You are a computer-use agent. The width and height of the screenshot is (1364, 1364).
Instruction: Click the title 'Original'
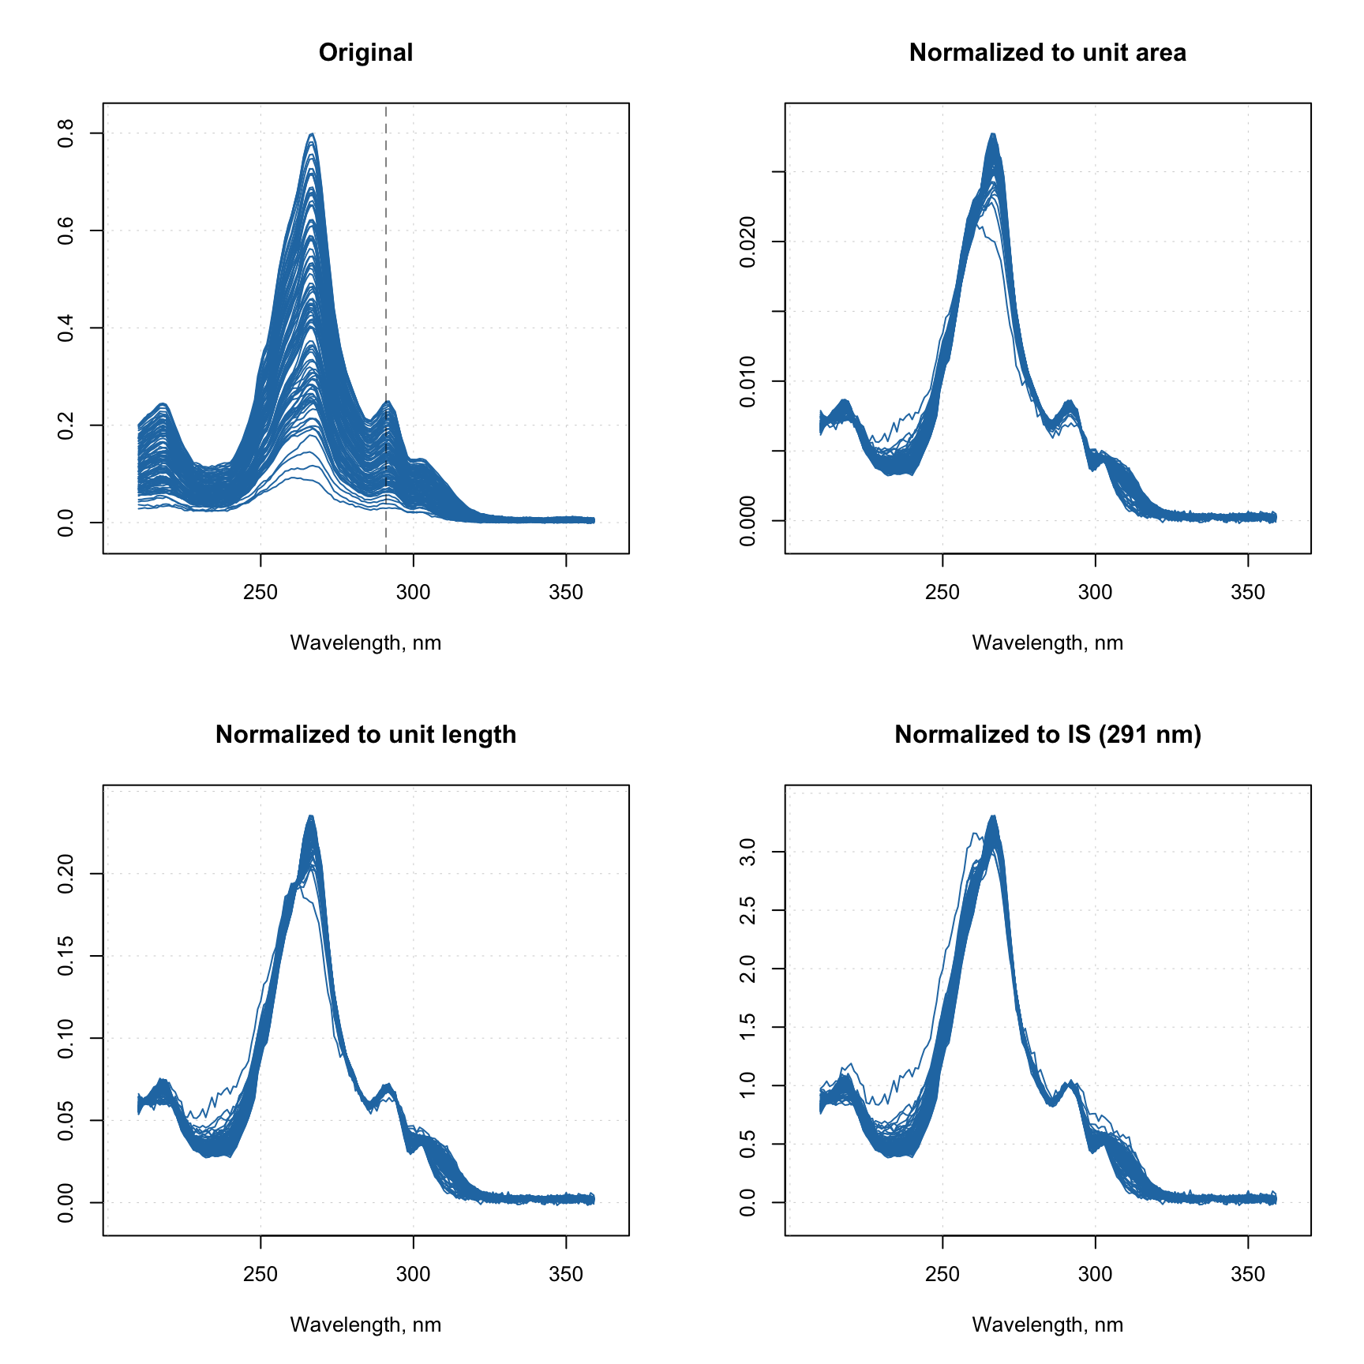click(x=365, y=53)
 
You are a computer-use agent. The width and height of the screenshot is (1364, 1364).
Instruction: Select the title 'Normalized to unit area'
click(x=1047, y=53)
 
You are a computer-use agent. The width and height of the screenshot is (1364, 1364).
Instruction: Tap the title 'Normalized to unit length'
click(x=365, y=735)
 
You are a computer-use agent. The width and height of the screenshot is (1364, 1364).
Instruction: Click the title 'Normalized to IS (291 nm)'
click(x=1047, y=735)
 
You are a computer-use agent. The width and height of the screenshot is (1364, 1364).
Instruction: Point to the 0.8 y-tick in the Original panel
click(x=66, y=133)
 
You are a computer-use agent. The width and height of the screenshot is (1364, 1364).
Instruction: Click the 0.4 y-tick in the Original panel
click(x=66, y=328)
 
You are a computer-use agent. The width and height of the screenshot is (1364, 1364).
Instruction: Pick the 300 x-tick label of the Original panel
click(x=413, y=592)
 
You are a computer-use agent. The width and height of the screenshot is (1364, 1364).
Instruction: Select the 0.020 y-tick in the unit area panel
click(x=748, y=242)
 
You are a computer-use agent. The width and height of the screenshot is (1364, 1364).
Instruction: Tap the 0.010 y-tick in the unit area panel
click(x=748, y=381)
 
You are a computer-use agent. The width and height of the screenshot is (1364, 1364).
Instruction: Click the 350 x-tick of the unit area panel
click(x=1247, y=592)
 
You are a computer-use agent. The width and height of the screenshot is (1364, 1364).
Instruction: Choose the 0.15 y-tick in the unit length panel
click(x=66, y=956)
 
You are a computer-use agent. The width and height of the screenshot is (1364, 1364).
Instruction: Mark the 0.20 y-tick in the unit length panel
click(x=66, y=874)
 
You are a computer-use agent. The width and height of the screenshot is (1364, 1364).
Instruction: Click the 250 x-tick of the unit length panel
click(x=260, y=1274)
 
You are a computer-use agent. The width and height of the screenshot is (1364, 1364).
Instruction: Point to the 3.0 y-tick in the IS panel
click(x=748, y=852)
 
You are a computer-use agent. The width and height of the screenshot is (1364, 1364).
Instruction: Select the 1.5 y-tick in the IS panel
click(x=748, y=1027)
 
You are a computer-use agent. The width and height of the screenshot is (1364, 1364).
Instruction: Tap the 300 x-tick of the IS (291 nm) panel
click(x=1095, y=1274)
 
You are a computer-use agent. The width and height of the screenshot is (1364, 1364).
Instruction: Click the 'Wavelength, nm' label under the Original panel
click(x=365, y=643)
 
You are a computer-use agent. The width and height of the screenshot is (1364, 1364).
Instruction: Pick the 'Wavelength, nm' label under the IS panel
click(x=1047, y=1325)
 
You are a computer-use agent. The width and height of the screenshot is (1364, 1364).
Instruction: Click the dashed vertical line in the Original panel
click(x=386, y=316)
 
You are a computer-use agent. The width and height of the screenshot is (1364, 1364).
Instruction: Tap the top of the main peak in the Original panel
click(x=313, y=134)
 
